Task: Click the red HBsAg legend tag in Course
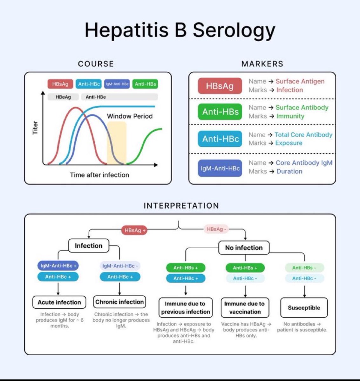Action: (60, 84)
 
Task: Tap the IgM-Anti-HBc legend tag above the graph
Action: (117, 84)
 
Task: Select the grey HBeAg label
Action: (63, 97)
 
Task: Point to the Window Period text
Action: (130, 116)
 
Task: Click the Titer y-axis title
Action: (35, 128)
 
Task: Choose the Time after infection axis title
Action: (99, 175)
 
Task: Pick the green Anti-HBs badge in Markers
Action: (220, 112)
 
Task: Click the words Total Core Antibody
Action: (303, 135)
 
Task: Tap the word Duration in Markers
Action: (289, 171)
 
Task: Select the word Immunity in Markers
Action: (290, 116)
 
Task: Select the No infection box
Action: (244, 248)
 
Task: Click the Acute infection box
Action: (59, 302)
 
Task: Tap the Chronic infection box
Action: (119, 302)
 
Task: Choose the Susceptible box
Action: (304, 308)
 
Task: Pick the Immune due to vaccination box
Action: (245, 308)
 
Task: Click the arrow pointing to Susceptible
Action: (304, 291)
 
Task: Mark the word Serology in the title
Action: (234, 30)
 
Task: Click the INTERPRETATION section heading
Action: (181, 206)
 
